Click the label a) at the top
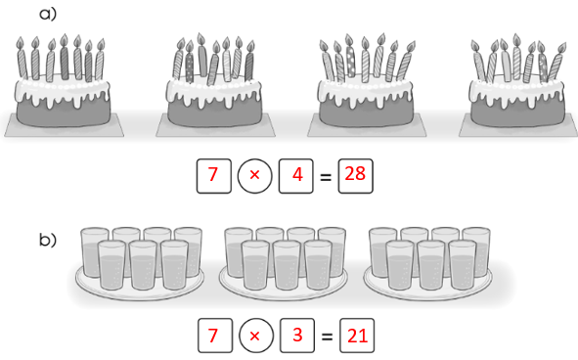(x=48, y=14)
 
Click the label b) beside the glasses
(x=48, y=240)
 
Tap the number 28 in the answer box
(x=355, y=174)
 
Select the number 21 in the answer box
(x=357, y=336)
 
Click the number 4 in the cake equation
(x=297, y=174)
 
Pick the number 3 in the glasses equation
(x=298, y=335)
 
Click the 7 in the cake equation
(x=212, y=174)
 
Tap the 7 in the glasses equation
(x=212, y=336)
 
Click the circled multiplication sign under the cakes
(x=254, y=176)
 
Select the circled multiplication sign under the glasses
(x=256, y=336)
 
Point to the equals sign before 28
(x=325, y=177)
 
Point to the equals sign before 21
(x=327, y=337)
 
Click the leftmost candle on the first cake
(x=22, y=59)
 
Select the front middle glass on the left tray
(x=143, y=265)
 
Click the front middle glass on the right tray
(x=431, y=265)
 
